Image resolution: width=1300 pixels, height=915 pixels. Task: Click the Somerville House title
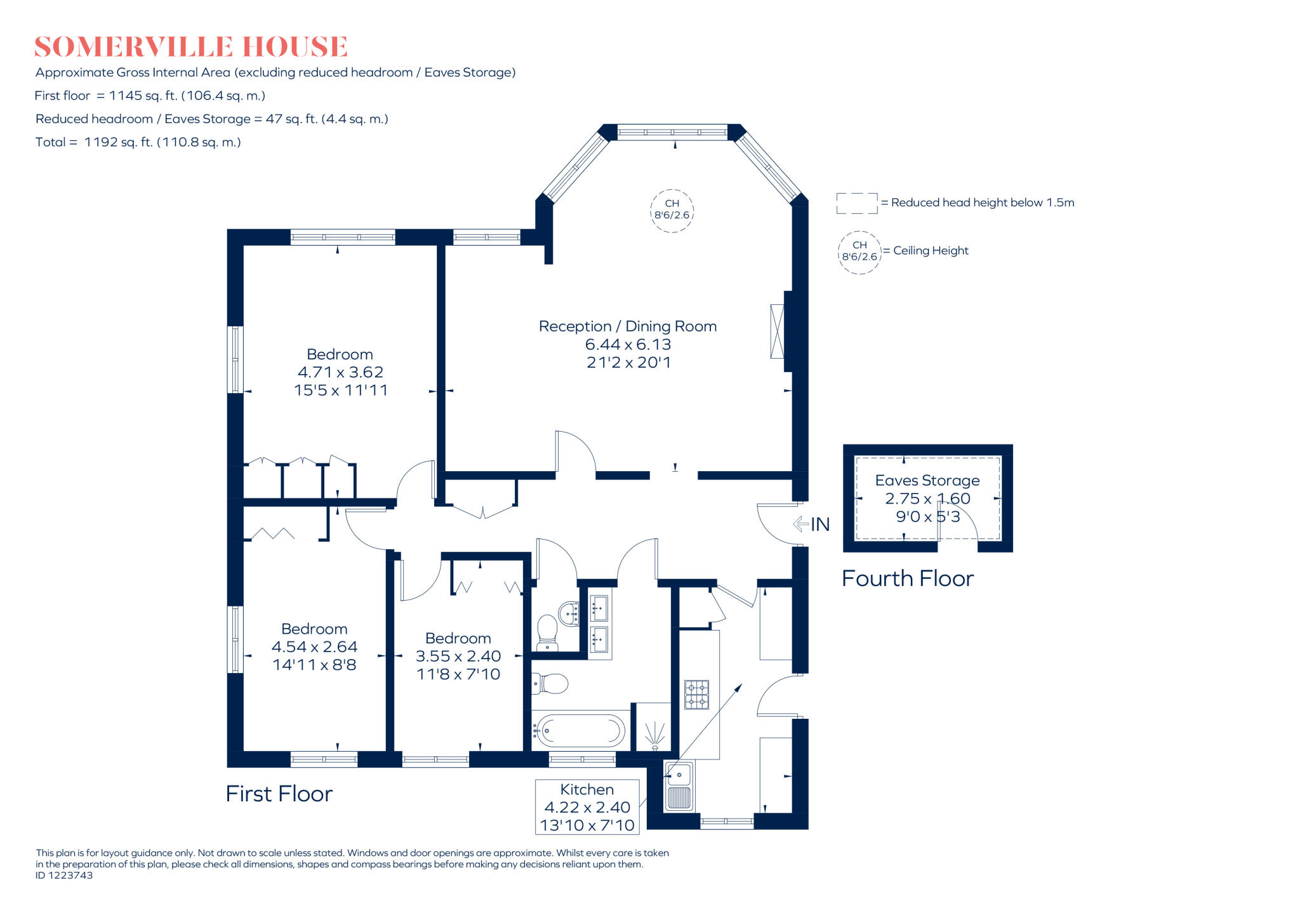pos(190,47)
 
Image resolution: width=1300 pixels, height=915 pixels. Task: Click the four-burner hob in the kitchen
pos(696,694)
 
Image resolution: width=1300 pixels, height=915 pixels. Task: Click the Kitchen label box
pos(587,807)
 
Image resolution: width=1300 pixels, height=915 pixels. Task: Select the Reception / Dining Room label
pos(627,326)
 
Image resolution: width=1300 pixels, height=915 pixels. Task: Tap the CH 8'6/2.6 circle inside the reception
pos(672,210)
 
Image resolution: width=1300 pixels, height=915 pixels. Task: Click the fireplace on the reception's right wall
pos(777,331)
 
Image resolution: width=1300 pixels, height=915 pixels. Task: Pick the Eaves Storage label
pos(927,481)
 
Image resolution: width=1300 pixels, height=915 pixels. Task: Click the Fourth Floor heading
pos(907,578)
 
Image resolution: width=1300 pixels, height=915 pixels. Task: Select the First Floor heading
pos(279,794)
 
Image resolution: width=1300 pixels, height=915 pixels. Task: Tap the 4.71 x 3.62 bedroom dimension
pos(340,372)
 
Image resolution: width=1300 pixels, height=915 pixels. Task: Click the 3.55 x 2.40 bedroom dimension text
pos(458,656)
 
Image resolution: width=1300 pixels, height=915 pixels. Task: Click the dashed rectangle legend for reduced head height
pos(856,203)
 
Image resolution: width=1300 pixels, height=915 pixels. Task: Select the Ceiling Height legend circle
pos(859,252)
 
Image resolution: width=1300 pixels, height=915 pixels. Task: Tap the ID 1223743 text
pos(64,876)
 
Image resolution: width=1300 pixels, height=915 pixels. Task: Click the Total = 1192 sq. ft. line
pos(138,142)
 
